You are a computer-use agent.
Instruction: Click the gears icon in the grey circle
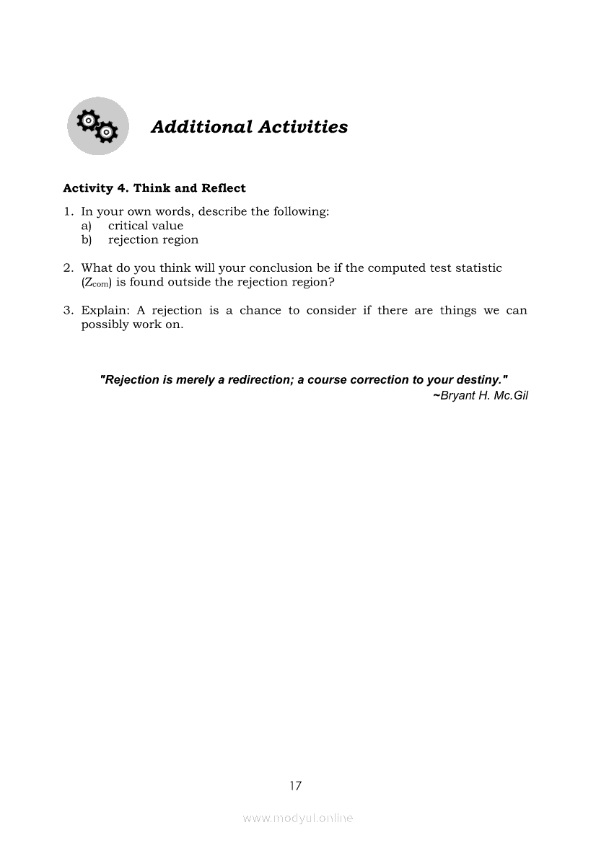point(97,126)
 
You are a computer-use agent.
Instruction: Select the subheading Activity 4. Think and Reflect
point(154,188)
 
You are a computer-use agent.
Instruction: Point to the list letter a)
point(86,226)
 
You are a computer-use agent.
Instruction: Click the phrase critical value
point(146,226)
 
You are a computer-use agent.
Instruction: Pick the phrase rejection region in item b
point(153,240)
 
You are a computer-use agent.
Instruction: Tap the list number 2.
point(68,268)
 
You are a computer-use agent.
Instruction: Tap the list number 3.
point(68,311)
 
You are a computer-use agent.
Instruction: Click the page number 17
point(295,786)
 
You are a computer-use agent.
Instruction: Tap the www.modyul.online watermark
point(298,818)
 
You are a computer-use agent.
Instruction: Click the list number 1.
point(68,212)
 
